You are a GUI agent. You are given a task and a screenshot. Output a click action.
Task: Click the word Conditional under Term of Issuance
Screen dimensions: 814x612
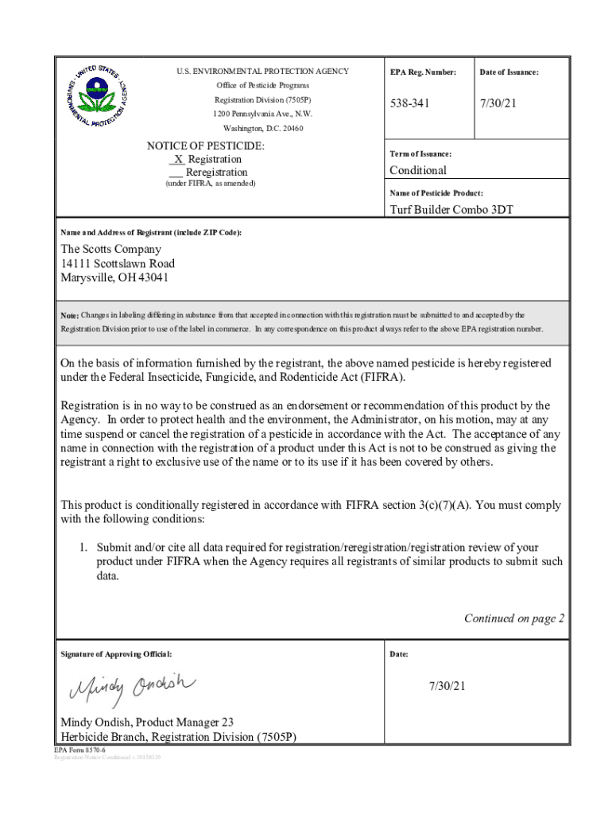tap(417, 170)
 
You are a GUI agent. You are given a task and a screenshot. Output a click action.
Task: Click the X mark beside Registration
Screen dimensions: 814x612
tap(179, 159)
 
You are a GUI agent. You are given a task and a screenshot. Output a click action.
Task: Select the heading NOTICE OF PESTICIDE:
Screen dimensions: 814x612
tap(206, 146)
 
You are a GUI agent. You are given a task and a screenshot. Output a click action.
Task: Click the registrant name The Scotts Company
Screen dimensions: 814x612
tap(110, 249)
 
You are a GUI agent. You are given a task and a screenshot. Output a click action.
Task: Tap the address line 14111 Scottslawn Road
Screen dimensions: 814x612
tap(118, 263)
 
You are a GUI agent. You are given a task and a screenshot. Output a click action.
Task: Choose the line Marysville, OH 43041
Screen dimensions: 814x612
tap(114, 277)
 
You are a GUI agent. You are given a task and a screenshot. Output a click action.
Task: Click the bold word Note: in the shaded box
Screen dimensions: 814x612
tap(69, 316)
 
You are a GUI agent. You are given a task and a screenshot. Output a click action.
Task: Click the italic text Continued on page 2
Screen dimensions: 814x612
tap(513, 618)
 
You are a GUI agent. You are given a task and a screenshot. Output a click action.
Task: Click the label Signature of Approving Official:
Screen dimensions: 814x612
tap(116, 654)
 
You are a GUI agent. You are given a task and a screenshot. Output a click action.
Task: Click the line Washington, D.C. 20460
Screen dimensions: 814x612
tap(262, 128)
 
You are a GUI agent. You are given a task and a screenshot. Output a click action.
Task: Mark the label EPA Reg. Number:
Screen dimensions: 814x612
tap(423, 72)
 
